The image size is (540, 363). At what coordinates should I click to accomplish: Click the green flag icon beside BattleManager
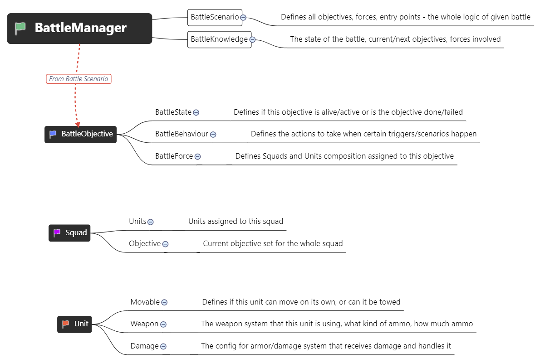[x=20, y=28]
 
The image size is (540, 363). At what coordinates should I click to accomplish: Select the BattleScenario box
[x=215, y=18]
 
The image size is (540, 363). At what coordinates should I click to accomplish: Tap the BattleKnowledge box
[x=219, y=39]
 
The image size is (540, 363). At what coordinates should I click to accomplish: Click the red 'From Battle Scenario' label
[x=79, y=79]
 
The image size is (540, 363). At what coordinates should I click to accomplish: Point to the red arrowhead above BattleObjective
[x=78, y=124]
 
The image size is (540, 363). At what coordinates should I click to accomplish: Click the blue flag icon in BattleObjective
[x=53, y=134]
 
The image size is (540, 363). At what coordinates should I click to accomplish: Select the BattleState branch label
[x=173, y=112]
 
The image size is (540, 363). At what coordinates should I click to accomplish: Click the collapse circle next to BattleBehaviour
[x=213, y=135]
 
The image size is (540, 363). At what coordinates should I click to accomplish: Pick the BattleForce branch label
[x=174, y=156]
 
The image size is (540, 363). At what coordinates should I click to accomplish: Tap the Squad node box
[x=69, y=233]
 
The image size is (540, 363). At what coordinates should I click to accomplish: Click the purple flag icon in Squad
[x=57, y=233]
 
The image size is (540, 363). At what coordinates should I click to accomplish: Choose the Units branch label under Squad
[x=137, y=221]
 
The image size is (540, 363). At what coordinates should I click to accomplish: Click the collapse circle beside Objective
[x=165, y=244]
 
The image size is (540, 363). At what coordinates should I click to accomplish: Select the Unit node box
[x=74, y=324]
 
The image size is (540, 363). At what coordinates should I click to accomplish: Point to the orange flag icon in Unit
[x=65, y=324]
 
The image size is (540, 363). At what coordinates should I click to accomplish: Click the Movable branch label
[x=145, y=302]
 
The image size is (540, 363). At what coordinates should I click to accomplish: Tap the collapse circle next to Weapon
[x=163, y=324]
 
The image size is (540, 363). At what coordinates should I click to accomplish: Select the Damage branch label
[x=145, y=346]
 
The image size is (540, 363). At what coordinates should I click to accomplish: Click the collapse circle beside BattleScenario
[x=243, y=18]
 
